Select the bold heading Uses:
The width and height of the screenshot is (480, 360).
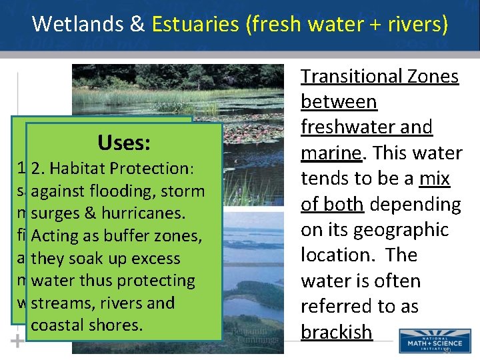(123, 142)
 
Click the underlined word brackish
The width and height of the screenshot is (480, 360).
(336, 332)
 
